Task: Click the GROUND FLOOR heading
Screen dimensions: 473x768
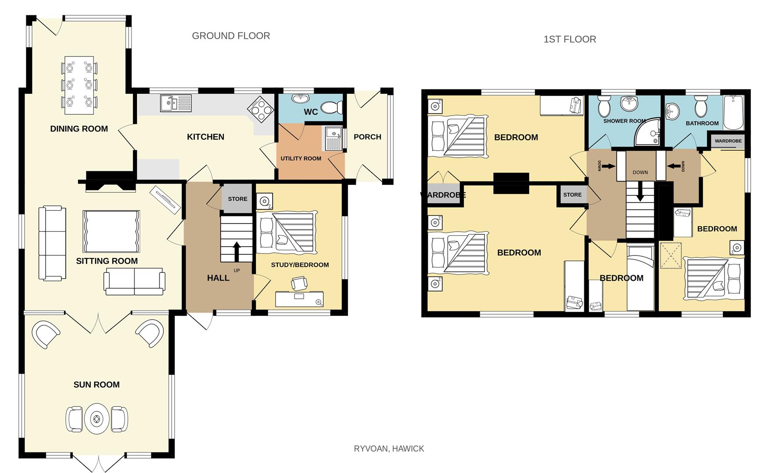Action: [231, 36]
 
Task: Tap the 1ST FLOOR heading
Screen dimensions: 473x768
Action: [570, 39]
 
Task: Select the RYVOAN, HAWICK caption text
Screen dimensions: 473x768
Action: [389, 448]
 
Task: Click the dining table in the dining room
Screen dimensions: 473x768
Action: [79, 85]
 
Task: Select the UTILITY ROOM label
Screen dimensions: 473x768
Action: [301, 159]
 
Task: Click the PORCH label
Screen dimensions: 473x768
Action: [367, 137]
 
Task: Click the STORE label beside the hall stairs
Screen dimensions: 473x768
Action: [237, 199]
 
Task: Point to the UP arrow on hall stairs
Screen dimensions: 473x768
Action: [237, 251]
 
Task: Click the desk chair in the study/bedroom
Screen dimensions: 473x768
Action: [299, 283]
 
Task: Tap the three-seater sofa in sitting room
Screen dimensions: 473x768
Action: [52, 243]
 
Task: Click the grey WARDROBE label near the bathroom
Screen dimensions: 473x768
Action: [728, 141]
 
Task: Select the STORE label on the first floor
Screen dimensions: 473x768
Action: [572, 195]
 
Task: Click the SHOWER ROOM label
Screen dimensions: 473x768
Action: [624, 121]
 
